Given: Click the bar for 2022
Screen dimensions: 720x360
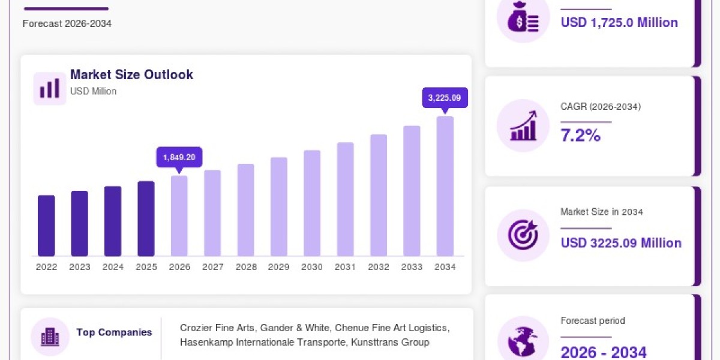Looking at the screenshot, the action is coord(46,226).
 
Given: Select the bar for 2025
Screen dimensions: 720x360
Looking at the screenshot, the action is coord(146,218).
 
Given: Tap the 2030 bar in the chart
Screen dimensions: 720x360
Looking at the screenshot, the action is coord(312,203).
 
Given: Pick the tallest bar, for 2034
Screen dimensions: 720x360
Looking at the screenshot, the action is coord(445,186).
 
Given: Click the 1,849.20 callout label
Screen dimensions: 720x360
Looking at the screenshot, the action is coord(179,157).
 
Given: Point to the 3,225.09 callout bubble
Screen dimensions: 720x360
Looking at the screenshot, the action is coord(445,98).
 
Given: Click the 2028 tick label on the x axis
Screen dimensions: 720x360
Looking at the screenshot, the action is coord(246,267).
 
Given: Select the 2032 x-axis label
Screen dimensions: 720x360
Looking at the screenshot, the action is coord(379,267).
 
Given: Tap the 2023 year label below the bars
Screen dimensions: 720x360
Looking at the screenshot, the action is coord(80,267).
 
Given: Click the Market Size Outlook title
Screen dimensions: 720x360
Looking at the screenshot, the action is coord(131,74).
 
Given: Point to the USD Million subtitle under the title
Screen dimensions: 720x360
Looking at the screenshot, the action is coord(93,91).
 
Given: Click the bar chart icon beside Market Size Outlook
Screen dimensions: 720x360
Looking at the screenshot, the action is coord(50,88).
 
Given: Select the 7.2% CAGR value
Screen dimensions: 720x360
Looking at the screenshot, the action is coord(581,135).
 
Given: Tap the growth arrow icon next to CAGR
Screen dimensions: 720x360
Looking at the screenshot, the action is coord(523,125).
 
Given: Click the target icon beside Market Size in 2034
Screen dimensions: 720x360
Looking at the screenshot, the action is coord(523,235).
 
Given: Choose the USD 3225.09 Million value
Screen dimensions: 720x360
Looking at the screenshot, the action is coord(621,243).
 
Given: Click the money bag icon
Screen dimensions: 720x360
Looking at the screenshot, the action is coord(523,17).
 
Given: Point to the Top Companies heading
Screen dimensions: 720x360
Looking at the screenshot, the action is coord(114,332).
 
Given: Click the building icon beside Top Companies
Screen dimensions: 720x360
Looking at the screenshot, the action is coord(50,337).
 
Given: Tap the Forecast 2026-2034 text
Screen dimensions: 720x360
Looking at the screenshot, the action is coord(67,23).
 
